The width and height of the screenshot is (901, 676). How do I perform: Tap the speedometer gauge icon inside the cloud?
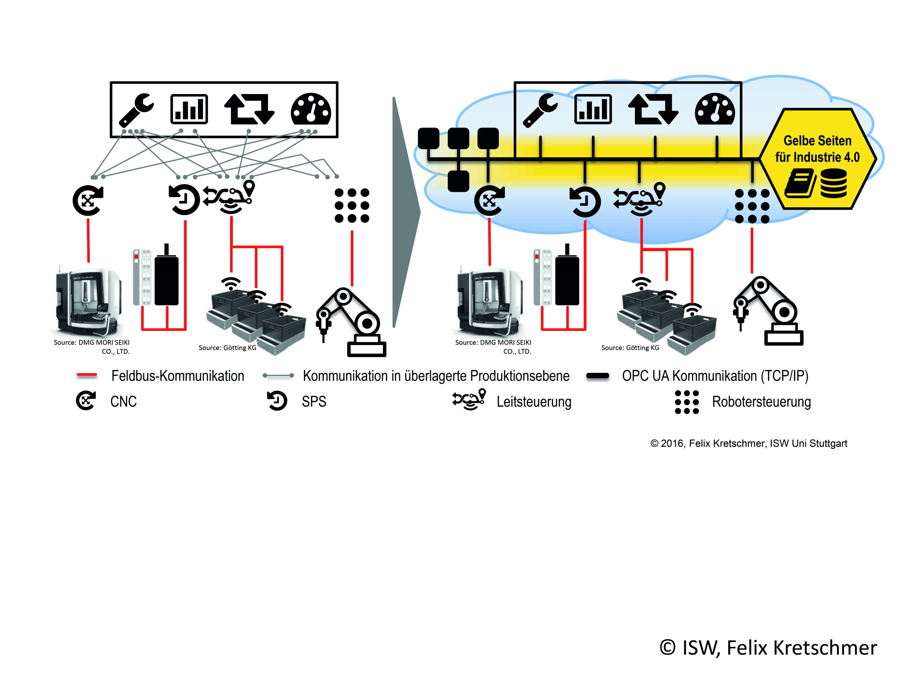click(x=714, y=109)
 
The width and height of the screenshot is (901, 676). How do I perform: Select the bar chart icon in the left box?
click(x=189, y=109)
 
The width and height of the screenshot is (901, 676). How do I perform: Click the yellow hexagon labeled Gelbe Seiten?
click(x=817, y=159)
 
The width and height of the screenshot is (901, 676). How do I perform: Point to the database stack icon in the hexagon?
click(x=833, y=183)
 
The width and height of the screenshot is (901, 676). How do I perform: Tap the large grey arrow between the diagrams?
click(x=404, y=212)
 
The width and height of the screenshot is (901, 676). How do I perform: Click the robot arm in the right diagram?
click(x=768, y=312)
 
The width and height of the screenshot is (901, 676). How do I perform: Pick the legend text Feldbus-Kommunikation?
click(x=178, y=376)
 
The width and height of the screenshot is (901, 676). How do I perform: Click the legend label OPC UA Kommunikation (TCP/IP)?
click(x=715, y=376)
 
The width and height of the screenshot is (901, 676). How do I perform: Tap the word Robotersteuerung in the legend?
click(x=761, y=402)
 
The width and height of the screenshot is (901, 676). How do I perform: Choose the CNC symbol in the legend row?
click(x=86, y=401)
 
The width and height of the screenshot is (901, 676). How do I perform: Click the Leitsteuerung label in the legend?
click(x=534, y=402)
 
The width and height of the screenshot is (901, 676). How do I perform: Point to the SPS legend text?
click(x=314, y=402)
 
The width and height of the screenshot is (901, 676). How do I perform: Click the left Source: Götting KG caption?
click(x=227, y=348)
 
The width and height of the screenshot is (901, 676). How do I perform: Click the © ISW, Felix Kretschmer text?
click(x=768, y=647)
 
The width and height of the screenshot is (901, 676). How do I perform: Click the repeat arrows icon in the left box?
click(x=249, y=109)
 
